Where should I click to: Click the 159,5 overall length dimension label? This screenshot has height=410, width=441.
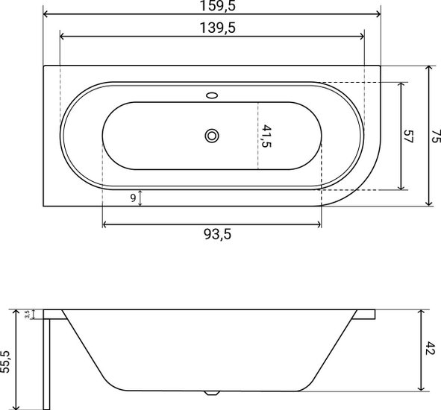tap(217, 6)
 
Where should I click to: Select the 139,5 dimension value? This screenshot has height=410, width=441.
tap(217, 28)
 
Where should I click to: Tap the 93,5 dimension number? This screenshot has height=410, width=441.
tap(217, 234)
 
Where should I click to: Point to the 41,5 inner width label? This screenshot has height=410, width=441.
tap(266, 136)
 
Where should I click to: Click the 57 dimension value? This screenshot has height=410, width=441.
tap(408, 136)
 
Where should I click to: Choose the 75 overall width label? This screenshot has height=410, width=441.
tap(436, 136)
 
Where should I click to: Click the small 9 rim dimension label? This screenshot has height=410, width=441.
tap(133, 198)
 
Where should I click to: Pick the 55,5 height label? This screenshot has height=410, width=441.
tap(5, 362)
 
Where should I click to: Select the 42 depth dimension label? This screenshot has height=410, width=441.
tap(430, 348)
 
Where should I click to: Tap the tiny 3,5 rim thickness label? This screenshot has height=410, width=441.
tap(27, 314)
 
